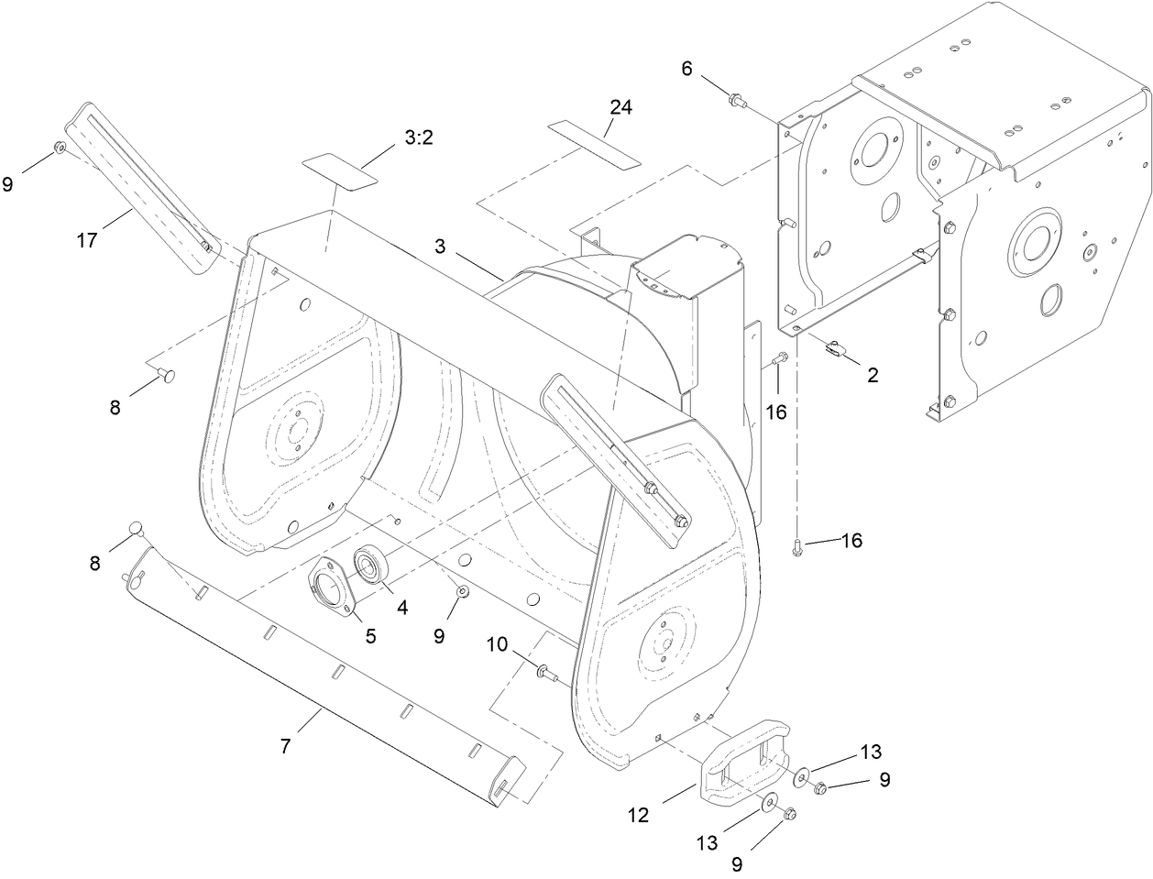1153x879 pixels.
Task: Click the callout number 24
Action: point(620,108)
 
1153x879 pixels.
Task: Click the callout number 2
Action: point(872,374)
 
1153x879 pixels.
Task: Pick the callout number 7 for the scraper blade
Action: point(286,747)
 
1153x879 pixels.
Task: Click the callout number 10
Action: point(497,644)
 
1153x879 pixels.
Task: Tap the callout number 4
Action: point(402,606)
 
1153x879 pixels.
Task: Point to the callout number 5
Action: point(371,634)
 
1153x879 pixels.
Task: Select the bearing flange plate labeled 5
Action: point(331,586)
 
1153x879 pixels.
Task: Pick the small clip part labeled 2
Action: point(836,347)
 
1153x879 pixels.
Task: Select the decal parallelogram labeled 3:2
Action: point(340,170)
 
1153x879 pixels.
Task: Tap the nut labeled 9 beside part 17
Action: point(58,148)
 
